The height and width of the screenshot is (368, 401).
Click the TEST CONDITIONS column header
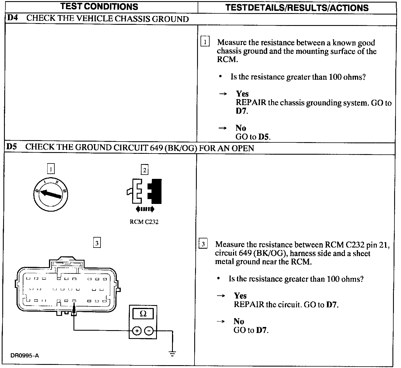click(x=100, y=7)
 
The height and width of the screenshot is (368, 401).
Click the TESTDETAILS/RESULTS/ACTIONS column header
click(x=297, y=7)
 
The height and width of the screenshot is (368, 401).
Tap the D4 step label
click(x=12, y=19)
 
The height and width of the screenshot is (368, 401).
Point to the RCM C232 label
click(x=144, y=222)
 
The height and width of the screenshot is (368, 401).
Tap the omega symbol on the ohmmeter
click(x=143, y=314)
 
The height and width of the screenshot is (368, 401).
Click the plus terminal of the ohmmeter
click(x=137, y=331)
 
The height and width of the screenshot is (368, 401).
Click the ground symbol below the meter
click(x=172, y=354)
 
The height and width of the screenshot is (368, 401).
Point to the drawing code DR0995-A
click(x=24, y=355)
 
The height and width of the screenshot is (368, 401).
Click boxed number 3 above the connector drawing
click(x=97, y=243)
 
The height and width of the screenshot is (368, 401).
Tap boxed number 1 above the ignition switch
click(x=51, y=170)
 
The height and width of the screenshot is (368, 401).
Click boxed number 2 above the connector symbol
click(x=145, y=170)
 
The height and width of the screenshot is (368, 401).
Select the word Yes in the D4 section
click(x=242, y=94)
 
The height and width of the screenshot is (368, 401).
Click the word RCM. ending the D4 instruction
click(x=227, y=60)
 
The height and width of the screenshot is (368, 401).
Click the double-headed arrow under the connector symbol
click(x=145, y=209)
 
